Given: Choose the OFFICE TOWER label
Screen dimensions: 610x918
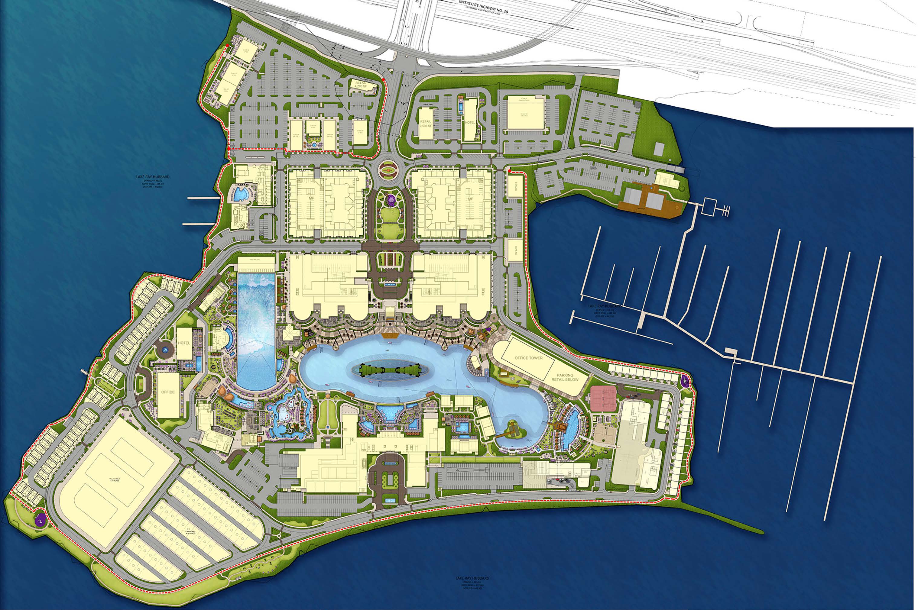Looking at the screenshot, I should pos(528,357).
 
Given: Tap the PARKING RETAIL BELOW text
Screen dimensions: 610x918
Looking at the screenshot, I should pos(565,377).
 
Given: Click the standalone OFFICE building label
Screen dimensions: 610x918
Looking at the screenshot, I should pos(168,392).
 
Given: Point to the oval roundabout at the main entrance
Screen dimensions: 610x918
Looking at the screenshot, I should pos(388,170).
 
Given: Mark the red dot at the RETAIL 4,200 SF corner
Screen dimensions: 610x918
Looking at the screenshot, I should pos(384,80).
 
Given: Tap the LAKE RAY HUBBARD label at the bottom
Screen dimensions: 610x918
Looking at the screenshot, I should pos(472,578).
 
